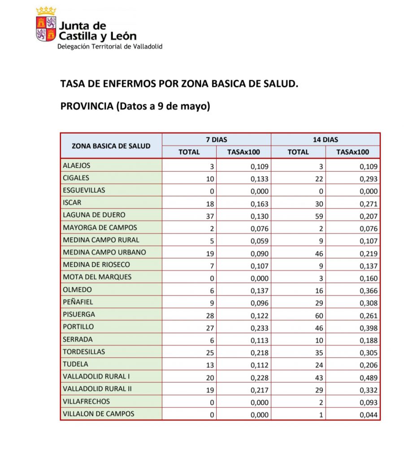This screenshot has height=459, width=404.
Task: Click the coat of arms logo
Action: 46,25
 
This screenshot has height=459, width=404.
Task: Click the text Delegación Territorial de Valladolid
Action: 109,47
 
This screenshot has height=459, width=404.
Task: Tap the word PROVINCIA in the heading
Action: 87,107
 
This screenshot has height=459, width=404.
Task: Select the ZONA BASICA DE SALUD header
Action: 111,146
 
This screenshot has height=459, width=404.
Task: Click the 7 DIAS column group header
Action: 217,139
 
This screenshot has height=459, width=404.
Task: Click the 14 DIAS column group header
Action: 326,139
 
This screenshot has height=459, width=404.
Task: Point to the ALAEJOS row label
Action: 77,166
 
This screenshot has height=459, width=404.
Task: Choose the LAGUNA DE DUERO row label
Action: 94,215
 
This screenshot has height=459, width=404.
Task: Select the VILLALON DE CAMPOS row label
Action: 99,414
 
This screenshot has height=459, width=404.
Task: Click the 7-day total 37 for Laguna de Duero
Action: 210,216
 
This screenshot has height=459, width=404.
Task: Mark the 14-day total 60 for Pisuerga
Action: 319,315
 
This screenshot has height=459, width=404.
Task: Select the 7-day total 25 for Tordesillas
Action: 210,352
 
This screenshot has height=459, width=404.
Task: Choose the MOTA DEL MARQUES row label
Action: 97,277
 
